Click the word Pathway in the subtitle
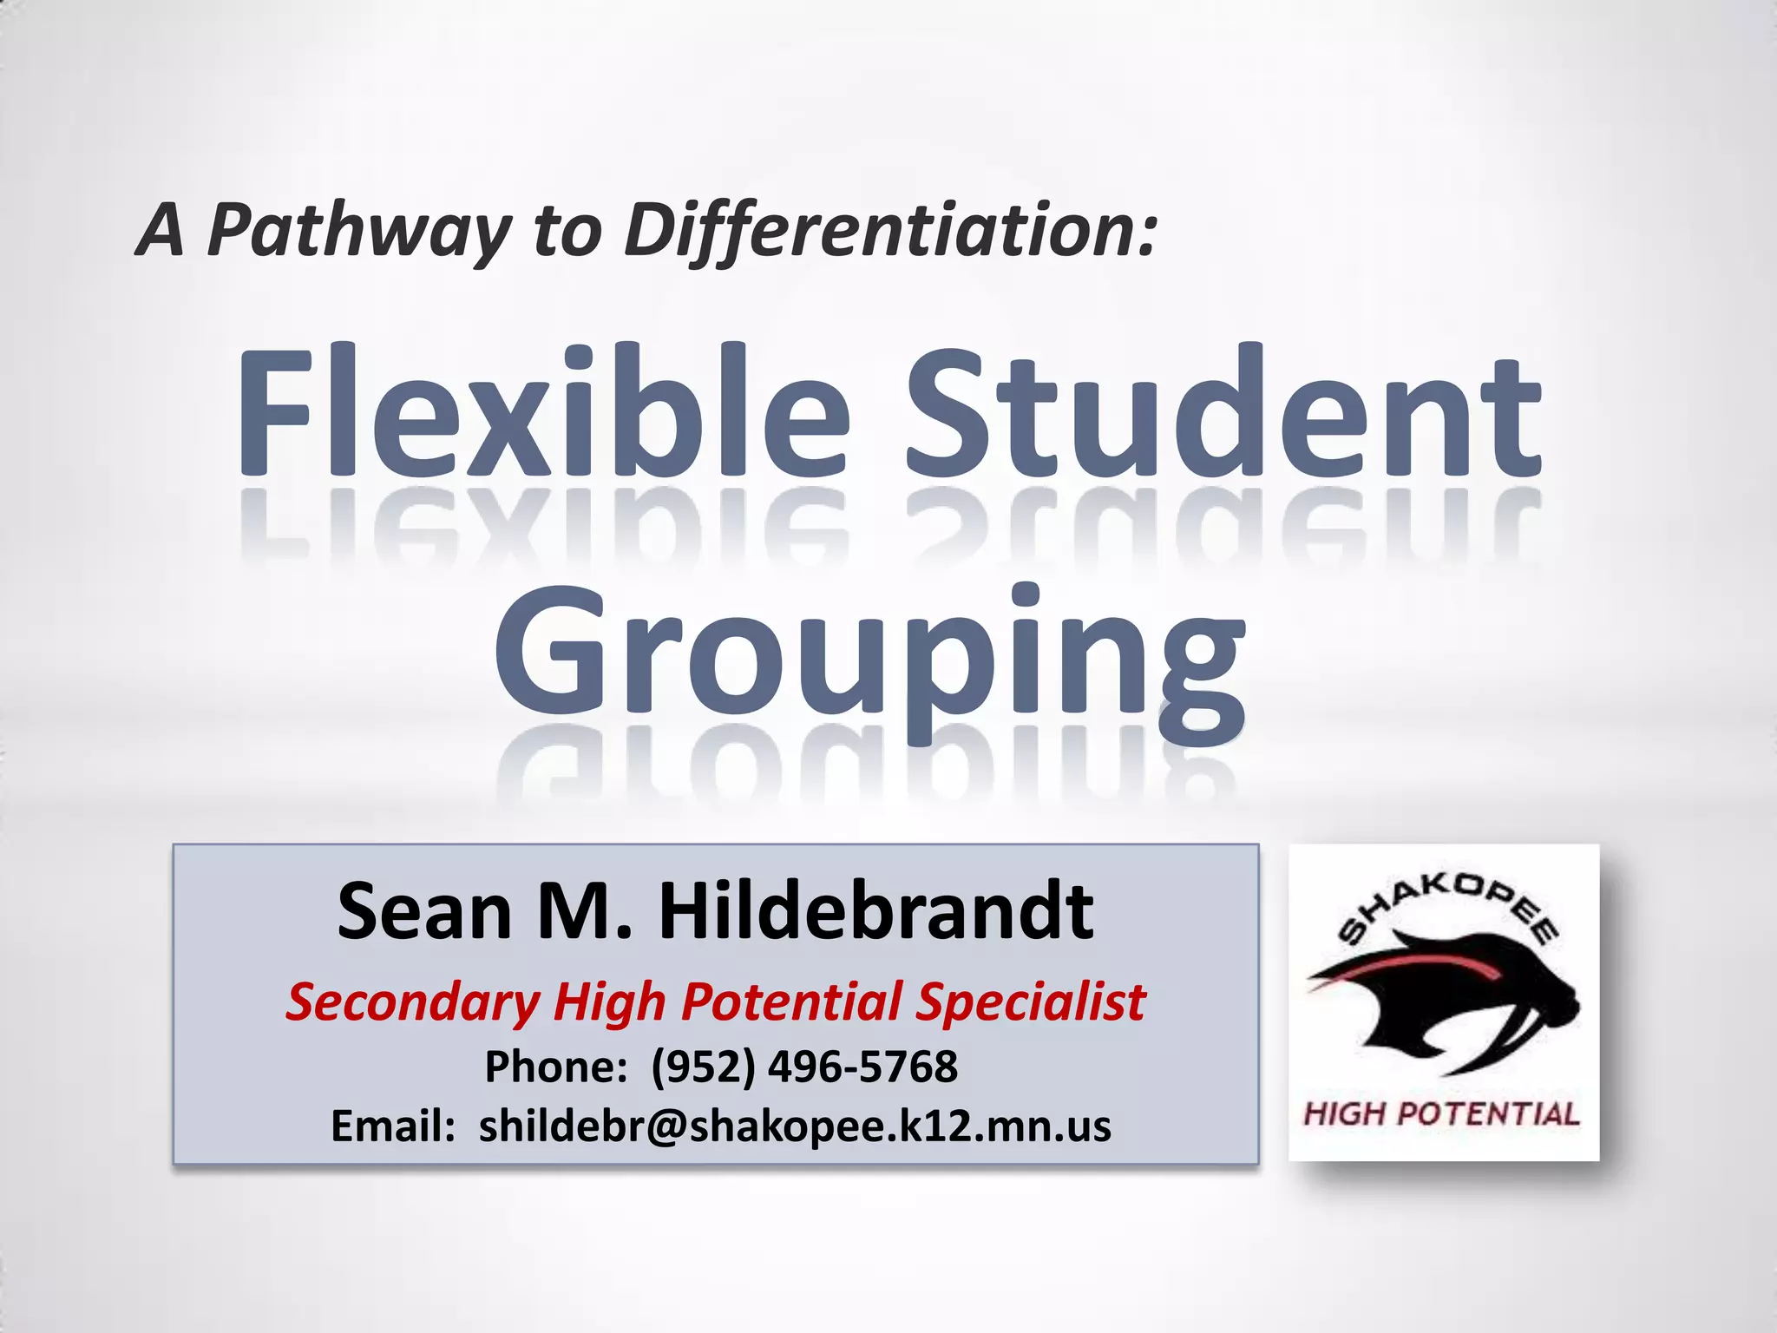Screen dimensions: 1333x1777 click(359, 231)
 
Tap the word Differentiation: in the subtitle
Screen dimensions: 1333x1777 click(891, 231)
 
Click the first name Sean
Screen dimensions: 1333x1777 click(424, 911)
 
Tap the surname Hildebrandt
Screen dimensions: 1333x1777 click(875, 911)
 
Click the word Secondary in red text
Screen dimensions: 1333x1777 click(413, 1002)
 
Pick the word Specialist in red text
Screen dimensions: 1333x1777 click(1031, 1002)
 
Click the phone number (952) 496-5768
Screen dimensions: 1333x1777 click(804, 1067)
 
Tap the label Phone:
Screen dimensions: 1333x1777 click(555, 1067)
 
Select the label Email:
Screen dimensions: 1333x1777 click(393, 1126)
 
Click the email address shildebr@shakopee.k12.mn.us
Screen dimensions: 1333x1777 click(795, 1126)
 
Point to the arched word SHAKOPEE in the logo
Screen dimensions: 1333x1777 click(1447, 907)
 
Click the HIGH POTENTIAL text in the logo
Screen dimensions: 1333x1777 click(1441, 1113)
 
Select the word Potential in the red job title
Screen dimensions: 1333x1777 click(791, 1002)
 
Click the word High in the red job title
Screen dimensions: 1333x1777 click(609, 1002)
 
